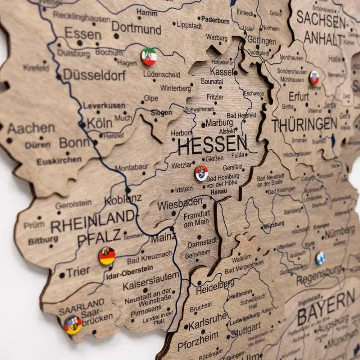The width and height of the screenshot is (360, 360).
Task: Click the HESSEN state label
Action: coord(212,145)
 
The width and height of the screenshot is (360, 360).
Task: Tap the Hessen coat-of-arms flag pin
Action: coord(202,173)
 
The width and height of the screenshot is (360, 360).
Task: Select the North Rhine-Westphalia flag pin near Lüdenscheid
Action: coord(149,57)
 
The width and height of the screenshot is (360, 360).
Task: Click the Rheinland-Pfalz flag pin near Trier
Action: coord(107,256)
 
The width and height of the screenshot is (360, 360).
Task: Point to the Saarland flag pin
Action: coord(73,325)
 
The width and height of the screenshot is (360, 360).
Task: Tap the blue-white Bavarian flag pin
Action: coord(320,258)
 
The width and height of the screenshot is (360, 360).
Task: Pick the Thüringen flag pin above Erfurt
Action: coord(314,78)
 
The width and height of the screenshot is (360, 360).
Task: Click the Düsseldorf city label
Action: coord(95,75)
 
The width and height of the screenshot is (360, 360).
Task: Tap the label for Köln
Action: coord(100,123)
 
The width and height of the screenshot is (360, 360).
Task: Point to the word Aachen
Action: coord(31,128)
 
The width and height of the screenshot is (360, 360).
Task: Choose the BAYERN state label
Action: coord(326,309)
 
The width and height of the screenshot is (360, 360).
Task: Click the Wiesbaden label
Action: coord(180,205)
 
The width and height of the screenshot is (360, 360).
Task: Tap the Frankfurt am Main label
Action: coord(196,220)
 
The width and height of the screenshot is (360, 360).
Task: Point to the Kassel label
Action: coord(221,71)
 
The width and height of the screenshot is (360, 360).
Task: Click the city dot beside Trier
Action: coord(62,275)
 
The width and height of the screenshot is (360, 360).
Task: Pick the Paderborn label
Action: coord(215,20)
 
